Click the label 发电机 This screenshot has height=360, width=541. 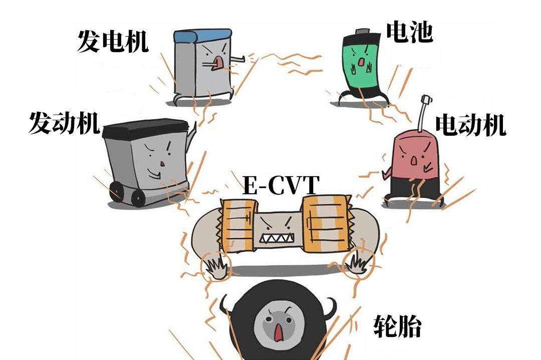[x=112, y=41]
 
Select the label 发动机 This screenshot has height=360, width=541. [x=64, y=123]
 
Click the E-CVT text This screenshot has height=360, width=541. [x=281, y=186]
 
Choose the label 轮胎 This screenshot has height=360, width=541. [x=397, y=327]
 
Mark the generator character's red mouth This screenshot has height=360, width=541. [x=217, y=62]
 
